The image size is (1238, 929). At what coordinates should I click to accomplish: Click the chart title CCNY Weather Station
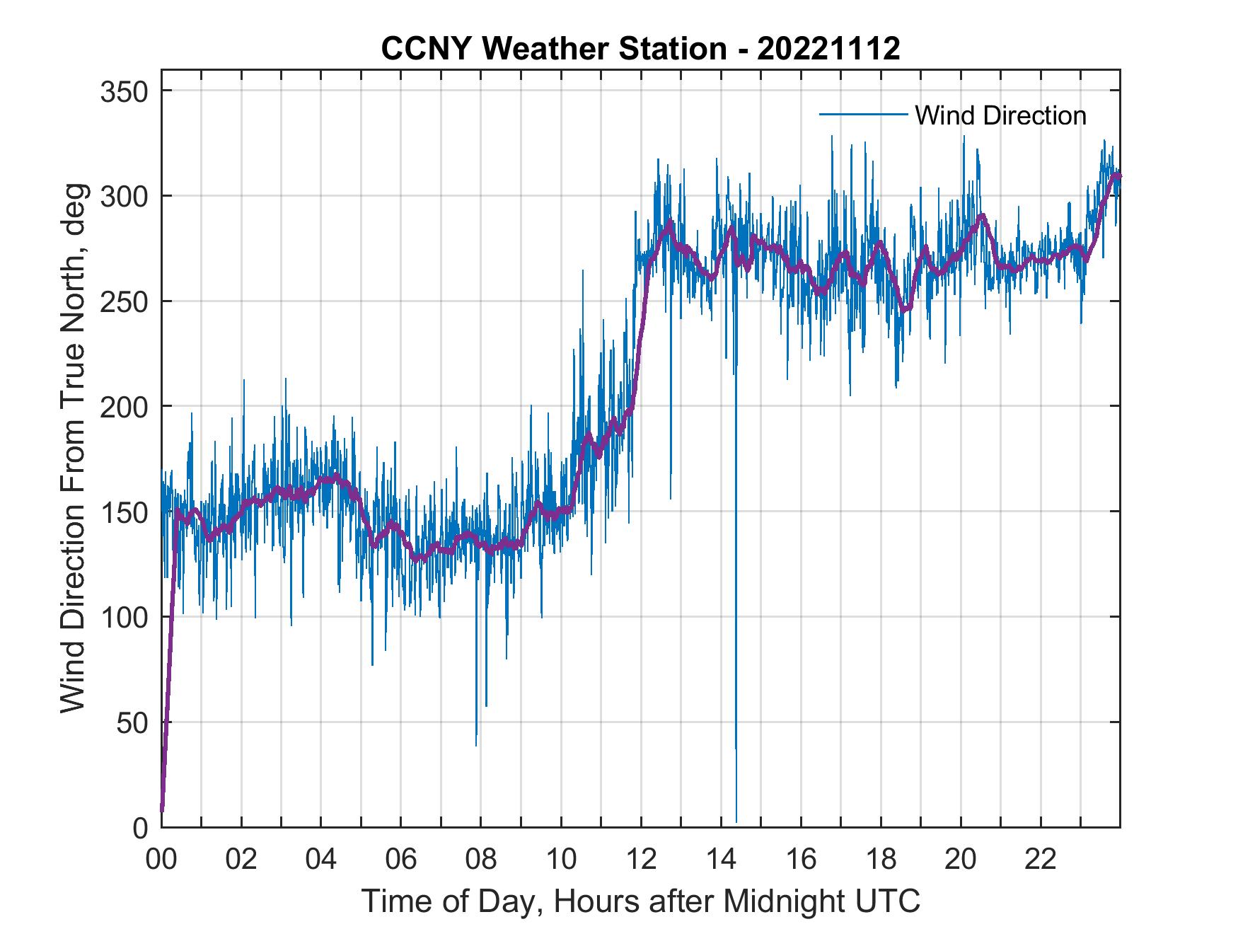(640, 49)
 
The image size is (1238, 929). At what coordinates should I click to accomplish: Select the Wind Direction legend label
(1000, 115)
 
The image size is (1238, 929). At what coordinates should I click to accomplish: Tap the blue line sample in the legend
(863, 115)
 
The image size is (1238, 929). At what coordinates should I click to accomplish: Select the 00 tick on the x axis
(161, 860)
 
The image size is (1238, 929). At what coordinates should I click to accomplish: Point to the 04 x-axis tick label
(321, 860)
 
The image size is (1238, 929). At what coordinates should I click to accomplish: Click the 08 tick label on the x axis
(481, 860)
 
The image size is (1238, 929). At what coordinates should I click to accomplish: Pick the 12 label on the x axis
(641, 860)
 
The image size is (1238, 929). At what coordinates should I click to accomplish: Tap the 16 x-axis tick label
(801, 860)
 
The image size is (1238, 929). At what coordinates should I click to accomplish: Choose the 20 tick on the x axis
(961, 860)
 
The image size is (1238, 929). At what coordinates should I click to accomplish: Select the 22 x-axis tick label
(1041, 860)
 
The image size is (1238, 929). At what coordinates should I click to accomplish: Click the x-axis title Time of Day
(641, 901)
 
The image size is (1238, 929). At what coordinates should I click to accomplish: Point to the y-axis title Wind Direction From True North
(73, 449)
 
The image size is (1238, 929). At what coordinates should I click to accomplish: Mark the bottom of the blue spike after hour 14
(736, 821)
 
